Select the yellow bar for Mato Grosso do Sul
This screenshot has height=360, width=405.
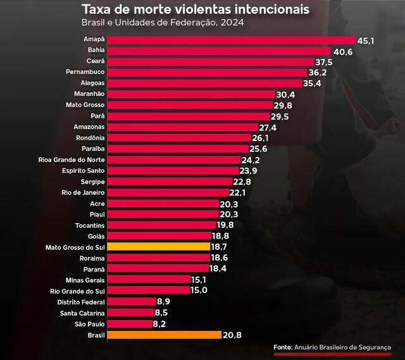coord(158,246)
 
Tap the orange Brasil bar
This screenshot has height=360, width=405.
coord(165,335)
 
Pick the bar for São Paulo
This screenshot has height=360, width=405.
coord(130,323)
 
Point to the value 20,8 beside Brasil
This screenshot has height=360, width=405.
coord(232,335)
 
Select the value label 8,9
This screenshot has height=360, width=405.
coord(164,301)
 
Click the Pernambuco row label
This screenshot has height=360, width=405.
coord(85,73)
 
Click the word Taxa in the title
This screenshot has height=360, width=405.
coord(95,10)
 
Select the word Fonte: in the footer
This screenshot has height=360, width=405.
coord(282,347)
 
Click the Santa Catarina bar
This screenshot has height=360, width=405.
coord(130,313)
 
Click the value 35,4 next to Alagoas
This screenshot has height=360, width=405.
coord(314,84)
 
